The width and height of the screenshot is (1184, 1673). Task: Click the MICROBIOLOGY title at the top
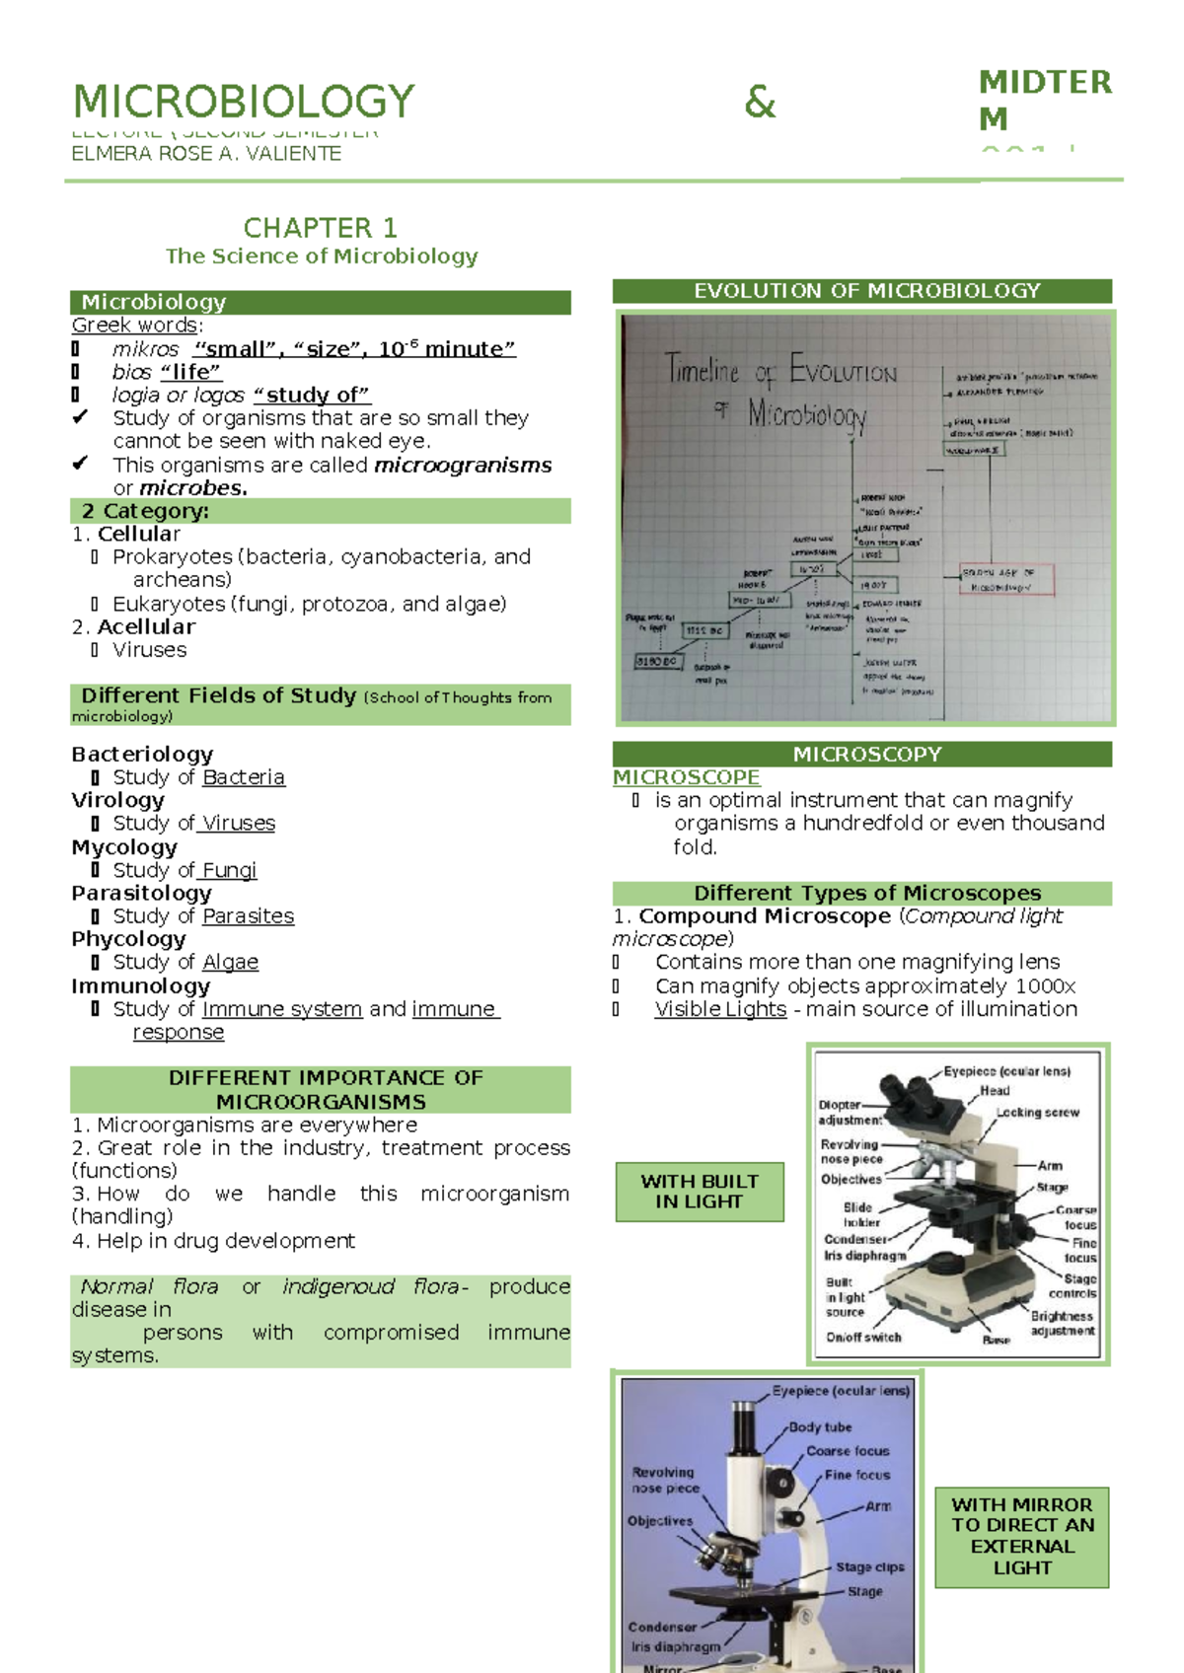[x=244, y=102]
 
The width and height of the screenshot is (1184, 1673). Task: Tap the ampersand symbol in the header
[x=760, y=103]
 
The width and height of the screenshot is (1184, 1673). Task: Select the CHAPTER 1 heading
[x=320, y=228]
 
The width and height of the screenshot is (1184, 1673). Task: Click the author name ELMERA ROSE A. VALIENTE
[x=206, y=154]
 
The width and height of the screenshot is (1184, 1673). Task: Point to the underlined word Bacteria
[x=243, y=777]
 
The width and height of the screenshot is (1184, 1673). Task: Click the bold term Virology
[x=117, y=800]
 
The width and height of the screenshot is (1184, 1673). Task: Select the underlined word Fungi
[x=229, y=870]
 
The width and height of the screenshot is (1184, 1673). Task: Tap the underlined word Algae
[x=230, y=962]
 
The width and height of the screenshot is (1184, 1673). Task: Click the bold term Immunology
[x=140, y=985]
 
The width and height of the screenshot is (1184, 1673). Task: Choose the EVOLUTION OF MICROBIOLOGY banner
[x=866, y=291]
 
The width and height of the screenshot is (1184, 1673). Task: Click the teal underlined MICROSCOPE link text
[x=686, y=777]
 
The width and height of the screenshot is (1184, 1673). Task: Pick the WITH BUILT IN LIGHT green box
[x=700, y=1192]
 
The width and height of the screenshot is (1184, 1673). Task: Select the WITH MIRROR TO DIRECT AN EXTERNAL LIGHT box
[x=1022, y=1536]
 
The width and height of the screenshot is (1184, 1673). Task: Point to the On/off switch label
[x=863, y=1338]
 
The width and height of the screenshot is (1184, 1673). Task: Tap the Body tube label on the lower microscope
[x=820, y=1427]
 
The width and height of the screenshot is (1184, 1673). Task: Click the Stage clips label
[x=869, y=1567]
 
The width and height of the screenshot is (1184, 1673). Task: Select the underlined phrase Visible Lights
[x=720, y=1009]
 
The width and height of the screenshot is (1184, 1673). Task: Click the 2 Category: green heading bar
[x=320, y=511]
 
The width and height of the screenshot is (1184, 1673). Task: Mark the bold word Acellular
[x=146, y=626]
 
